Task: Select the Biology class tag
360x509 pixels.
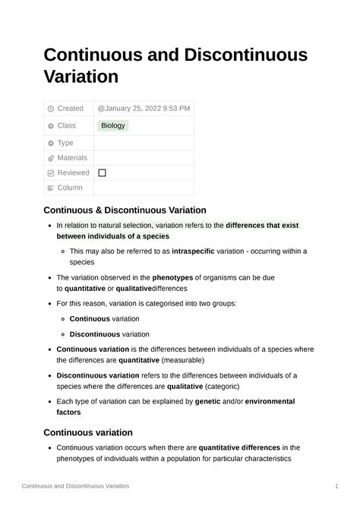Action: click(x=113, y=125)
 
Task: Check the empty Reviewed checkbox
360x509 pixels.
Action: click(x=102, y=173)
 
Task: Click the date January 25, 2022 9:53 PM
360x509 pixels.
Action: click(x=144, y=109)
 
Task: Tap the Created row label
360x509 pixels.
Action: click(x=71, y=109)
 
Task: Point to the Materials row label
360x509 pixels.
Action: click(x=72, y=158)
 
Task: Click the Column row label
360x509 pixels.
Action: click(x=70, y=188)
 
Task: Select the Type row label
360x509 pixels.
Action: click(x=65, y=143)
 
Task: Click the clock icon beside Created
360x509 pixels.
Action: click(x=50, y=109)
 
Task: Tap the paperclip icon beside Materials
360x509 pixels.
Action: click(x=50, y=158)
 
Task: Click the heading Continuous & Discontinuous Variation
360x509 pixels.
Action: click(x=125, y=210)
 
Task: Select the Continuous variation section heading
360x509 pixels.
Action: click(x=88, y=432)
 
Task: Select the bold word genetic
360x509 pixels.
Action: click(x=207, y=401)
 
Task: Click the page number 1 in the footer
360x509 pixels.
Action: click(x=336, y=485)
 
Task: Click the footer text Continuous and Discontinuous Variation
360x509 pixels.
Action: click(x=75, y=485)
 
